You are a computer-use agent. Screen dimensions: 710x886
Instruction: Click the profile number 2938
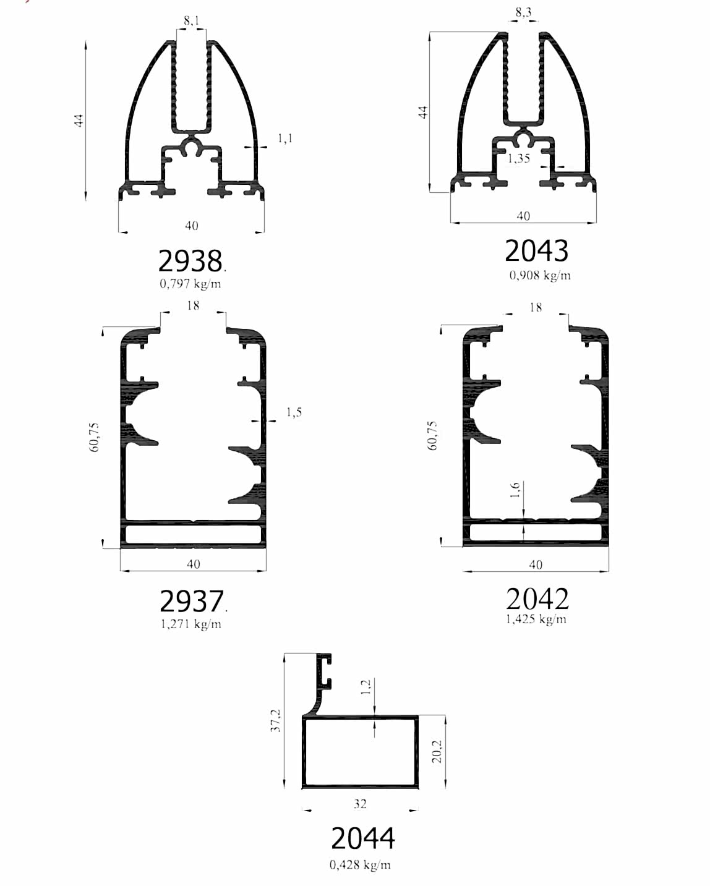point(190,261)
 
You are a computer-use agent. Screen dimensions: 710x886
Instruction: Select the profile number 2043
point(536,250)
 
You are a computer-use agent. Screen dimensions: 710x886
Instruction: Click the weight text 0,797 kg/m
point(190,284)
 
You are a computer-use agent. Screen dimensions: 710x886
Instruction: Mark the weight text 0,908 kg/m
point(540,275)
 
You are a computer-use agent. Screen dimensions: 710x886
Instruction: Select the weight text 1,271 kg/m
point(190,624)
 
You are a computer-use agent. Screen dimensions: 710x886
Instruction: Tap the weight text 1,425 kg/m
point(536,619)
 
